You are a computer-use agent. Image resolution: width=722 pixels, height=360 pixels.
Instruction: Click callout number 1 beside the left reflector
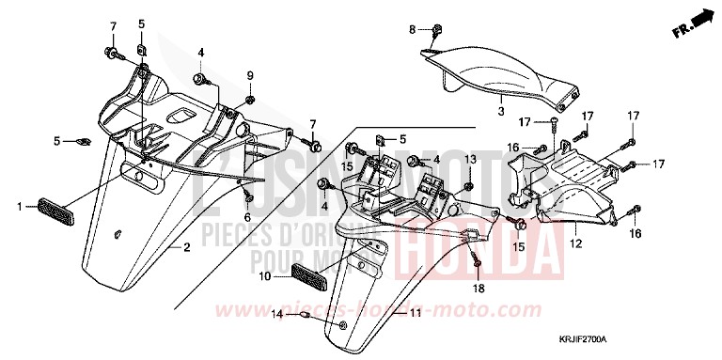pos(20,204)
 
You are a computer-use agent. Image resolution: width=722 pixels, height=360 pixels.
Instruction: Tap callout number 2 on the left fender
pos(187,247)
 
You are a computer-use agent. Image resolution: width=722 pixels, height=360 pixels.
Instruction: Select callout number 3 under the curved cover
pos(501,111)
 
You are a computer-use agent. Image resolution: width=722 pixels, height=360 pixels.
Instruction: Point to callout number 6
pos(247,218)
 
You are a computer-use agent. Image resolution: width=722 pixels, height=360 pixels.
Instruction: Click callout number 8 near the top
pos(411,31)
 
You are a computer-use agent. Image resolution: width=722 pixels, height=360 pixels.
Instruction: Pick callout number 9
pos(250,75)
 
